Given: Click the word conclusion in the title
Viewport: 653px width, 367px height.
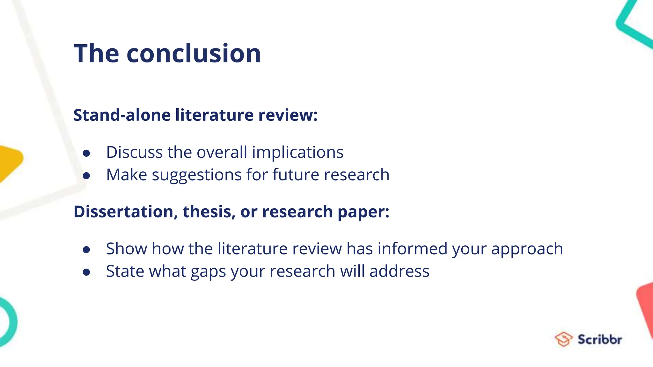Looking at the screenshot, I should (194, 54).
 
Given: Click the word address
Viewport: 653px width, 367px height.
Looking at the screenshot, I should (399, 271).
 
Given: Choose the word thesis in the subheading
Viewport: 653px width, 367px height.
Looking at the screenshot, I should (209, 212).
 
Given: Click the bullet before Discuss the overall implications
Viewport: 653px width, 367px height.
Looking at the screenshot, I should (86, 153).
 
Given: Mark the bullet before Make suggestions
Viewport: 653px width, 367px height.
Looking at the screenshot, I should (86, 176).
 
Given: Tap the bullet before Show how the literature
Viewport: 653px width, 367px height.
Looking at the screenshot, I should (86, 250).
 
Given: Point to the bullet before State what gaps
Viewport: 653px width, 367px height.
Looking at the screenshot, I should (86, 272).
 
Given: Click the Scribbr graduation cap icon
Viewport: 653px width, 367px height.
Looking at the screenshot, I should (563, 339).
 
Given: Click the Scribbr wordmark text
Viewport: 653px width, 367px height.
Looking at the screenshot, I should (599, 340).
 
